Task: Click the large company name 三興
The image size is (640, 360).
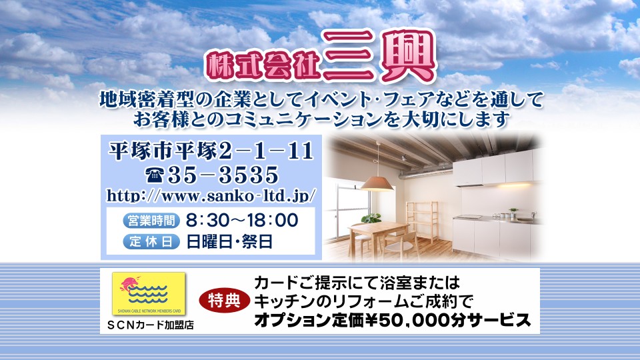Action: (x=379, y=56)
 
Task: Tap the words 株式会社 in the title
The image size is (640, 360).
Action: (x=263, y=65)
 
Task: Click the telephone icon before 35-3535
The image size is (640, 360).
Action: (x=155, y=175)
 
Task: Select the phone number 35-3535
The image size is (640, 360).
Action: (x=223, y=175)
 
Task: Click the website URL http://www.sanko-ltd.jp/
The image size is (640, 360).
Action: (x=211, y=195)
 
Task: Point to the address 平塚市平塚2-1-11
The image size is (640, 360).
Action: (x=211, y=151)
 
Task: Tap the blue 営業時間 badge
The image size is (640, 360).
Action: (x=151, y=221)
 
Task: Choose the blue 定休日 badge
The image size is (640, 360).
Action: (x=151, y=241)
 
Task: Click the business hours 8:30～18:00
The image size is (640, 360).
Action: (x=242, y=221)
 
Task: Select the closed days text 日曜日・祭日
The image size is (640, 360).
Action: (x=229, y=241)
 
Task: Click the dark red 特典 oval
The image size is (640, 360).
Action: (x=224, y=301)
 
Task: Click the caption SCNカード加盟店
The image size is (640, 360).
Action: (x=150, y=325)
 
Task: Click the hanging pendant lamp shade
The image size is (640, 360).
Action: (x=377, y=184)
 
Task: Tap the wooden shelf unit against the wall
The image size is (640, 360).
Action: (x=423, y=221)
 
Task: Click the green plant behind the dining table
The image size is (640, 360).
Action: (x=371, y=219)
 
